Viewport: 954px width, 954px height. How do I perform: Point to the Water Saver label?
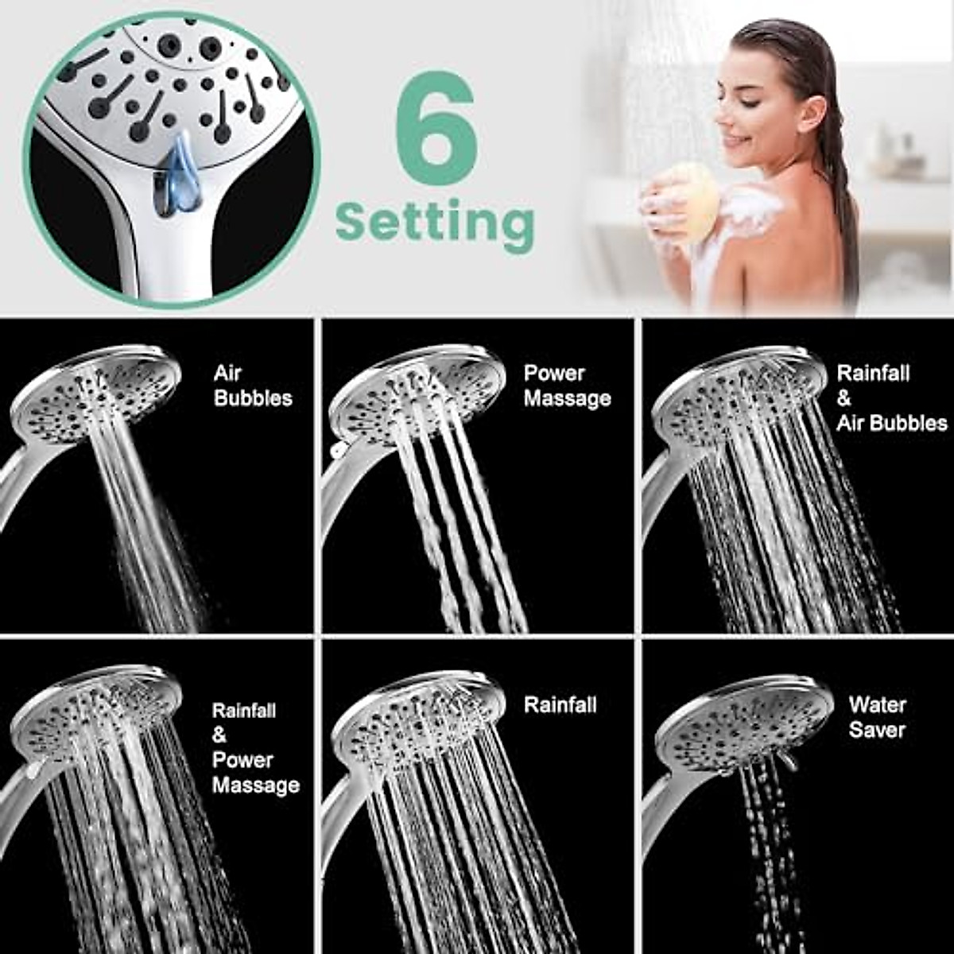pyautogui.click(x=877, y=717)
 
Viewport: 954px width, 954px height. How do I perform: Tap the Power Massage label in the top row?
pyautogui.click(x=567, y=386)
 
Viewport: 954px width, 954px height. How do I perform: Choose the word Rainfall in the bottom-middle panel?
pyautogui.click(x=560, y=704)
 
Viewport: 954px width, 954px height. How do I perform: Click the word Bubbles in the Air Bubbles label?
pyautogui.click(x=253, y=398)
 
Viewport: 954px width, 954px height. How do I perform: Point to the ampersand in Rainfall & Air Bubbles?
pyautogui.click(x=844, y=398)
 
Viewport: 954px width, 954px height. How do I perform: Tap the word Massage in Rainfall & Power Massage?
pyautogui.click(x=256, y=785)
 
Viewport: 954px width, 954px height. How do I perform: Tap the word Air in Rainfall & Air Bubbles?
pyautogui.click(x=853, y=423)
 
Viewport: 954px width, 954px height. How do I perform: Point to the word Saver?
pyautogui.click(x=877, y=730)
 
